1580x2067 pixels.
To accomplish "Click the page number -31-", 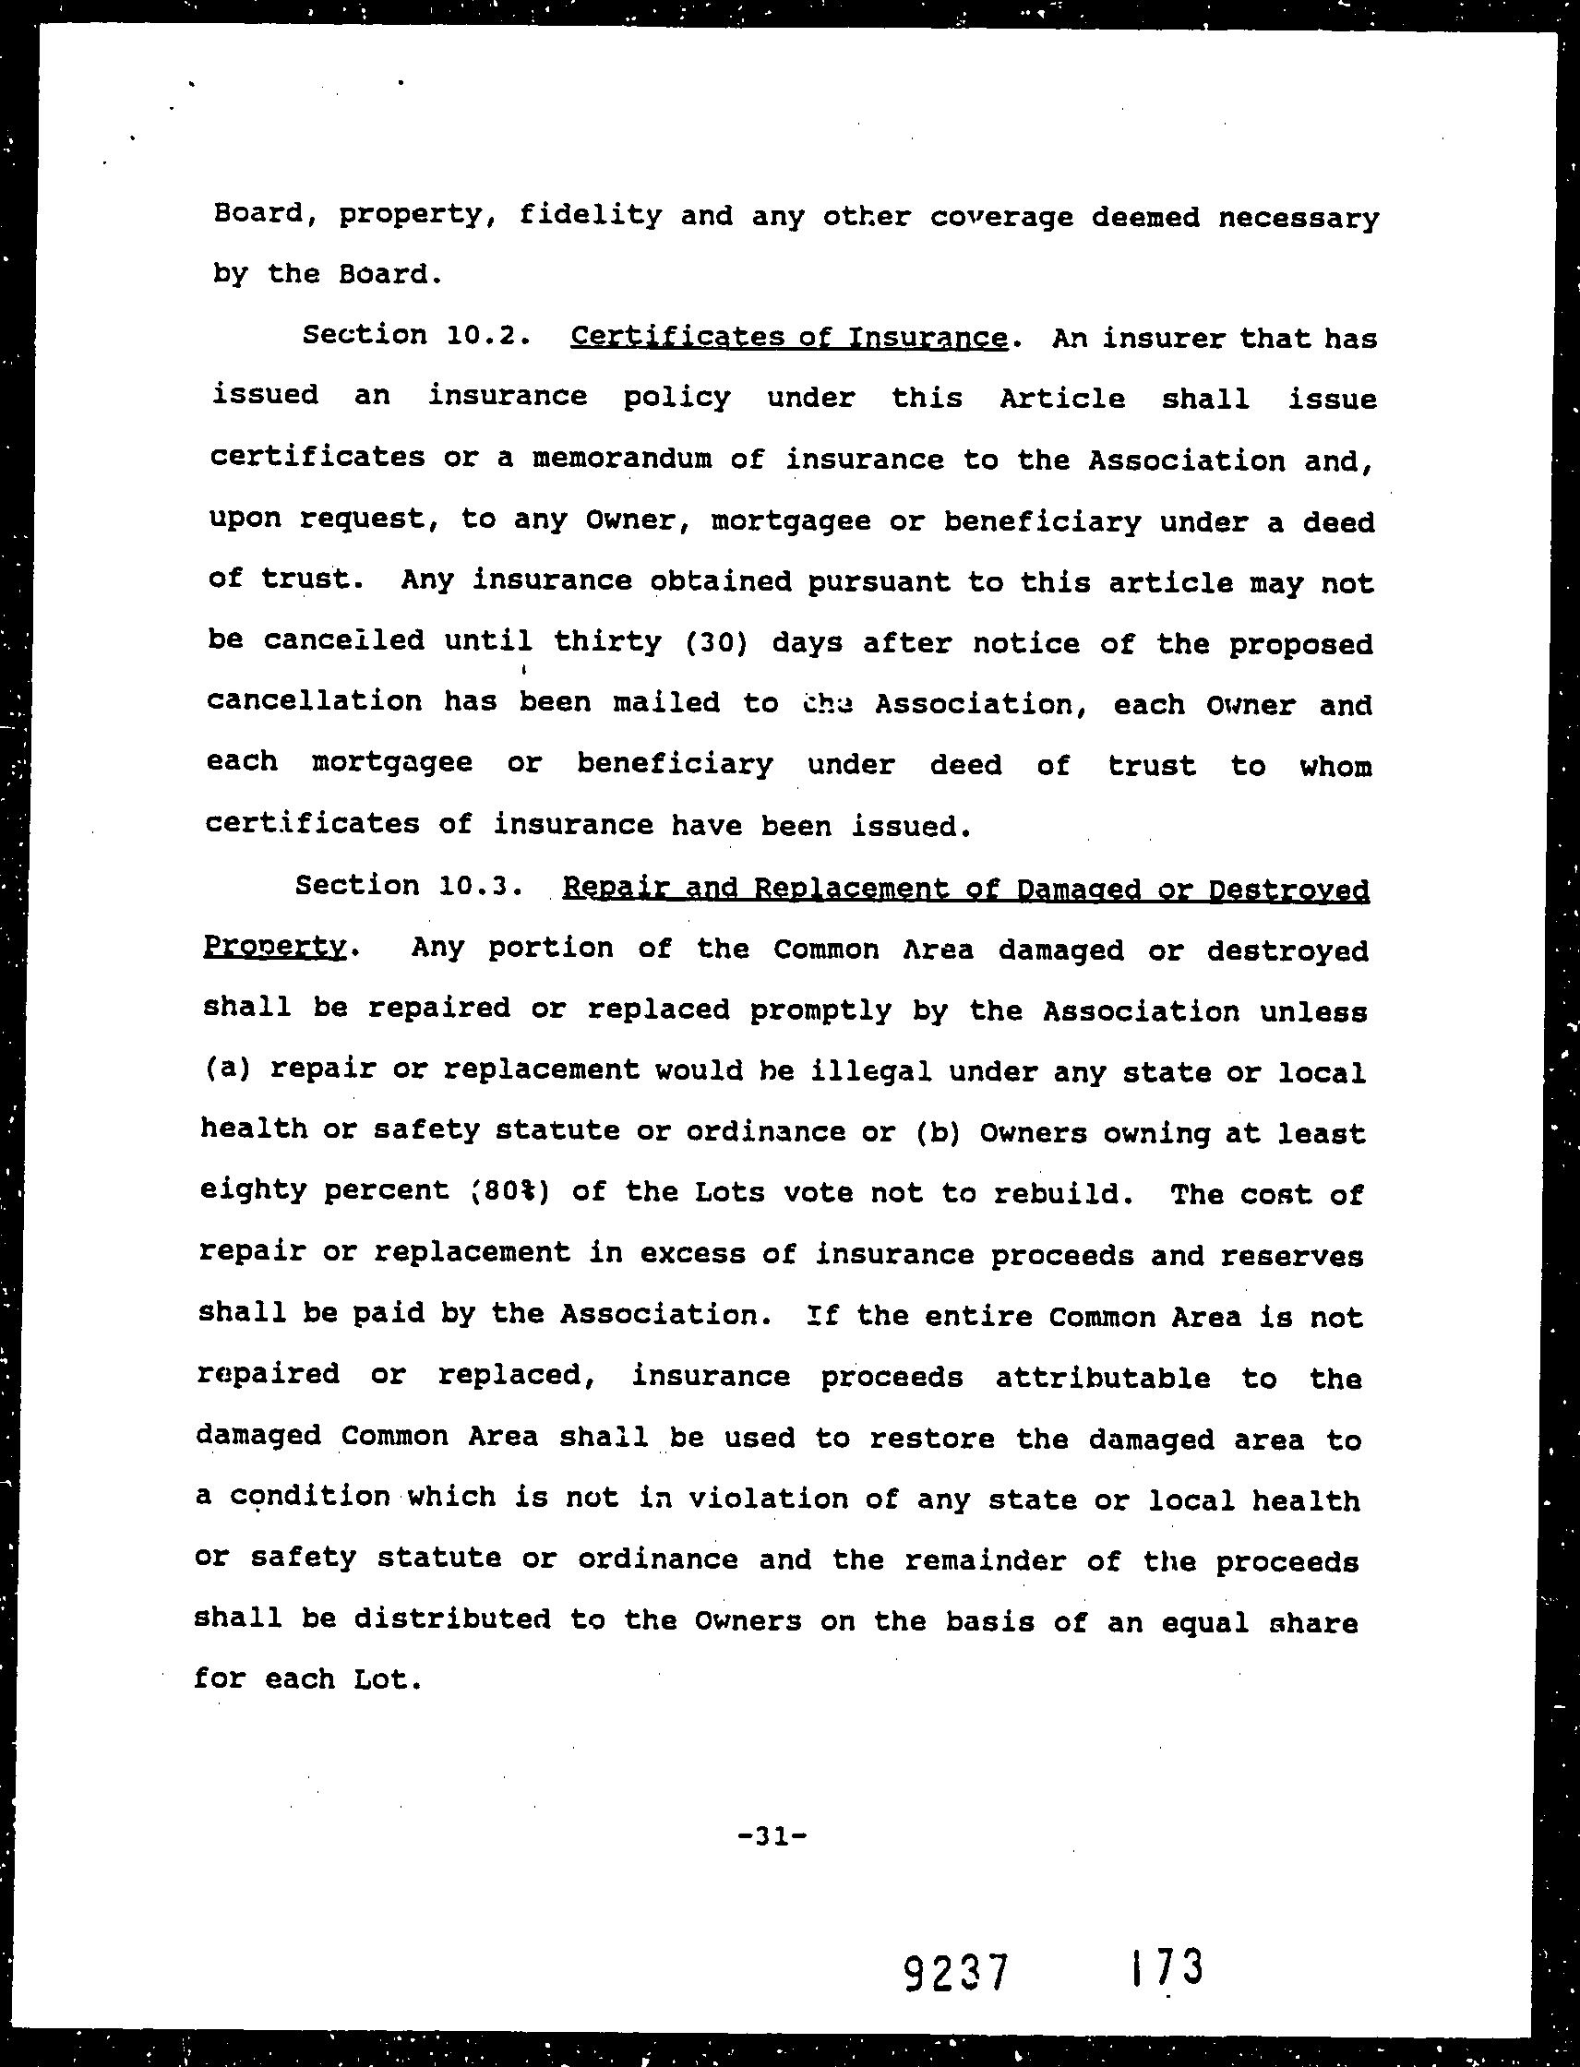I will pos(772,1834).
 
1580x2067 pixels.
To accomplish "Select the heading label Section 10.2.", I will pos(412,336).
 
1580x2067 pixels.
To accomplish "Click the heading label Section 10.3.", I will pos(408,886).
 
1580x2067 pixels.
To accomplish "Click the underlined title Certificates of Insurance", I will pos(789,338).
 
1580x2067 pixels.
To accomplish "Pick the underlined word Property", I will pos(276,947).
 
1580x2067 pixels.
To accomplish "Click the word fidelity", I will pos(591,215).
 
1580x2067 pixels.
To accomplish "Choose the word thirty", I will pos(607,642).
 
